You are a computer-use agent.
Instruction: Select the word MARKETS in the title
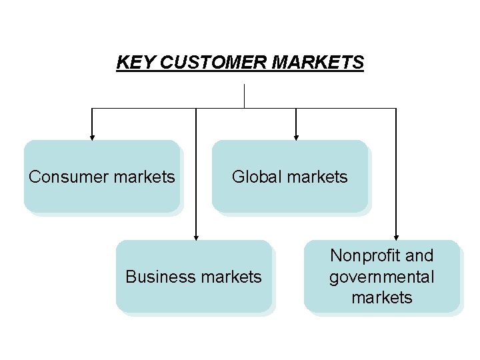(x=318, y=63)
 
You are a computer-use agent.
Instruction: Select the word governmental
(x=382, y=277)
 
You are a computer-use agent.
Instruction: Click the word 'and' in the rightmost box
(x=419, y=255)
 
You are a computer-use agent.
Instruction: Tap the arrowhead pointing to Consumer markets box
(x=92, y=135)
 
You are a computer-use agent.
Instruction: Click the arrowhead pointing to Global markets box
(x=296, y=135)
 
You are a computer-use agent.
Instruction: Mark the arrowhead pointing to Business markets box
(x=196, y=235)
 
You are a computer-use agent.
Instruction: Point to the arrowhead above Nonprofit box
(x=396, y=235)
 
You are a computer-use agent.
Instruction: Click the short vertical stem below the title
(x=245, y=96)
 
